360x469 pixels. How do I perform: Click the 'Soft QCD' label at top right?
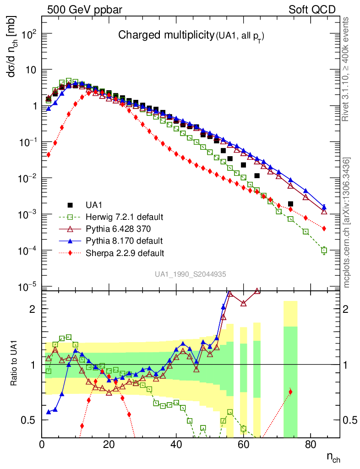coord(312,10)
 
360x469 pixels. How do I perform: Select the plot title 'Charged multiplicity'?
coord(166,35)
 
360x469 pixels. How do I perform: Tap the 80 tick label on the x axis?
coord(311,444)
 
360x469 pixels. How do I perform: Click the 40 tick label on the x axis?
coord(176,444)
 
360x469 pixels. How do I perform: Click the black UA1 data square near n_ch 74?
coord(290,204)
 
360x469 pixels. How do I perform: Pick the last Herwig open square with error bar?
coord(324,250)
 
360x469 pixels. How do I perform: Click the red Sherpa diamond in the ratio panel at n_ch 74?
coord(290,392)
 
